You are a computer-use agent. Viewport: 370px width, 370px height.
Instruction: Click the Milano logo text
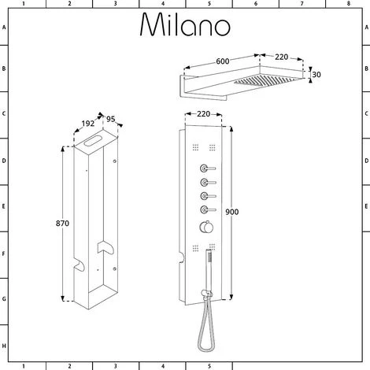pos(185,24)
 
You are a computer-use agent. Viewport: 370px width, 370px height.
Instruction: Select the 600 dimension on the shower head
pos(223,61)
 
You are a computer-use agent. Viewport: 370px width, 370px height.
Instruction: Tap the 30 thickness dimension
pos(316,75)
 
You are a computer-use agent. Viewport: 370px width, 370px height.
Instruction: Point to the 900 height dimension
pos(232,212)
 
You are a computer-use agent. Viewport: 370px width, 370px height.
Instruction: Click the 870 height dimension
pos(62,224)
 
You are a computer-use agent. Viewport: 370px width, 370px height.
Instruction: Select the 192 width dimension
pos(87,124)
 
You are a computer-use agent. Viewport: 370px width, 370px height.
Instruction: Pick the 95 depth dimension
pos(111,119)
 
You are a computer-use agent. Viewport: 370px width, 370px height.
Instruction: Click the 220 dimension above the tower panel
pos(204,114)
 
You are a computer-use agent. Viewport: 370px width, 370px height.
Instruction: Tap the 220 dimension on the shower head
pos(281,57)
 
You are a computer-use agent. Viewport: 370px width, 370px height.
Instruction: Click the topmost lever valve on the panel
pos(208,168)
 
